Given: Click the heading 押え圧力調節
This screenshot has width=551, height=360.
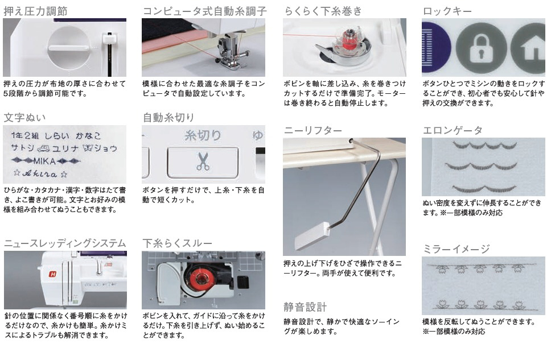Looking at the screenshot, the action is click(x=35, y=11).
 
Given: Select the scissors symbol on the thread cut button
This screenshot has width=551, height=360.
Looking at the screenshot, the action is click(x=203, y=161).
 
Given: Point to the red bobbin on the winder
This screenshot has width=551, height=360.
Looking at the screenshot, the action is click(x=349, y=42).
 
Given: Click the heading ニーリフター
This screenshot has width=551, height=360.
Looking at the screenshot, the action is click(x=312, y=131).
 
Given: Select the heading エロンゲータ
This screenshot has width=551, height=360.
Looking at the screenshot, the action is click(x=453, y=131).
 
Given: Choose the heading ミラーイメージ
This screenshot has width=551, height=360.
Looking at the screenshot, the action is click(x=456, y=249).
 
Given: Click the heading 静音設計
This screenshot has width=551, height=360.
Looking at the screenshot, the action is click(x=305, y=307).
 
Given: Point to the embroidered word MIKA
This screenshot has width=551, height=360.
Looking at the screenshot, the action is click(x=44, y=161).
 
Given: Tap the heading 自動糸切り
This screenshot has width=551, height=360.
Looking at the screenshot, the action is click(x=168, y=118).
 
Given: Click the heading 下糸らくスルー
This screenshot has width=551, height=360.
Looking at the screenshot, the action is click(x=178, y=243).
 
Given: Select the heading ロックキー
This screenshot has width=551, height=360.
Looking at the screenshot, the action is click(x=447, y=11).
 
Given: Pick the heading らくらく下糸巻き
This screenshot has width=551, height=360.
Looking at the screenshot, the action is click(x=323, y=11).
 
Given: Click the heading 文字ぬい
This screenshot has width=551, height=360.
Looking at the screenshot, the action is click(x=24, y=118).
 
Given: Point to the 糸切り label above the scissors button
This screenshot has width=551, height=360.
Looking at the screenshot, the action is click(x=203, y=135).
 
